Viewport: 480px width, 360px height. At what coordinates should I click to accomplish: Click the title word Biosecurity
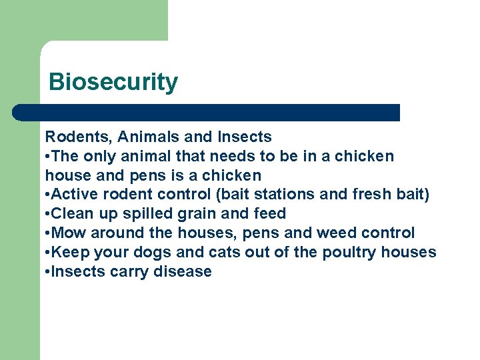click(113, 83)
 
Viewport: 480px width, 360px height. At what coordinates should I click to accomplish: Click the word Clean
click(72, 214)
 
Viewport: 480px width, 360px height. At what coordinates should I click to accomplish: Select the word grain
click(199, 214)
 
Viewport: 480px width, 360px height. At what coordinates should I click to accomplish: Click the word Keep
click(69, 253)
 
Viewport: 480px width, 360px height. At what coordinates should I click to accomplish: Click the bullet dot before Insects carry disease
click(47, 272)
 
